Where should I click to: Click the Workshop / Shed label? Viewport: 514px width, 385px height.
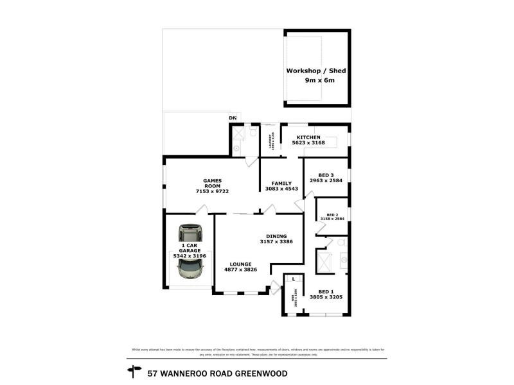317,71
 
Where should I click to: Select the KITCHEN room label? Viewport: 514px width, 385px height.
308,137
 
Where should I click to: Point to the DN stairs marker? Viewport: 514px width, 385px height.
233,118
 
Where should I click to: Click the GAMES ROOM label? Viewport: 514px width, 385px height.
212,183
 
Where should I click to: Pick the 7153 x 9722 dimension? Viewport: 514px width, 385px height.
212,192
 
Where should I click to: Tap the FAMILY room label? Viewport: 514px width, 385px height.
281,183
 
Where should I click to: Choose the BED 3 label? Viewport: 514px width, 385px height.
326,175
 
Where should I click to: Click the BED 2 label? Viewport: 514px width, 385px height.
332,214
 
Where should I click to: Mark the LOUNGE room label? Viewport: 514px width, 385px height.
241,264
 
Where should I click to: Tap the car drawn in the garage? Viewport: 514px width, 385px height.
190,251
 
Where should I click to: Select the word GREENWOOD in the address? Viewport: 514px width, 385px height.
260,373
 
